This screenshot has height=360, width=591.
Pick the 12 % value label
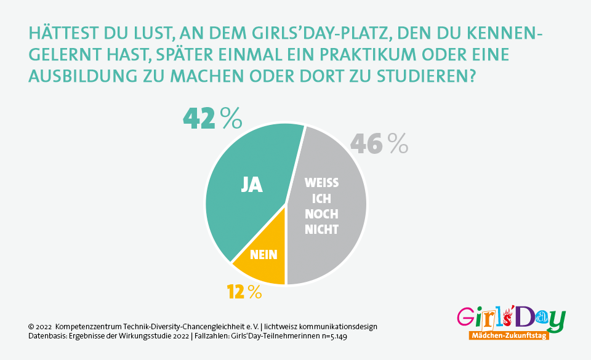point(244,292)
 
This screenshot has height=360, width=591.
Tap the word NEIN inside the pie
point(263,254)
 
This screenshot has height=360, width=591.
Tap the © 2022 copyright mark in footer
point(40,326)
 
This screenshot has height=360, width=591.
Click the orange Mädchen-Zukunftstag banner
point(508,336)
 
